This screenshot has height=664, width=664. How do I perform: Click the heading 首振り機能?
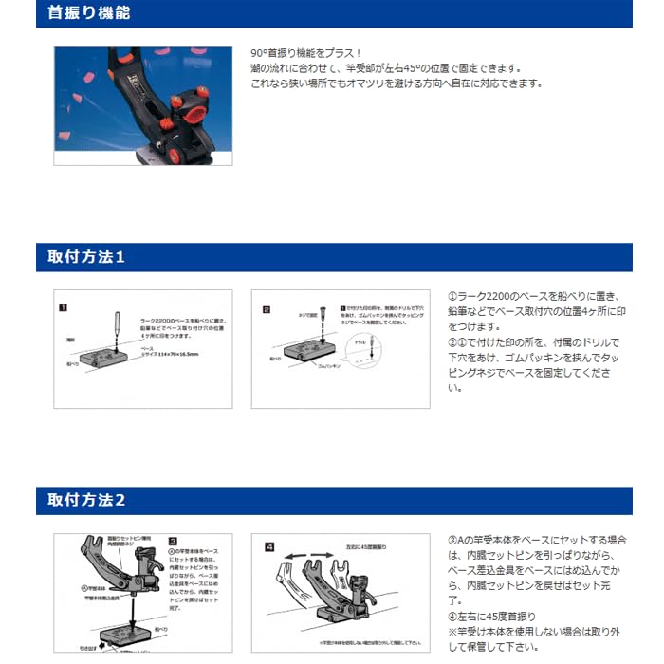click(88, 13)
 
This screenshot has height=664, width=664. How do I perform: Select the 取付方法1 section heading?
click(86, 257)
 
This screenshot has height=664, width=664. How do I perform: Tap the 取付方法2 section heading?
click(86, 500)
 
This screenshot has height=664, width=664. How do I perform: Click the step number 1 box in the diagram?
click(63, 307)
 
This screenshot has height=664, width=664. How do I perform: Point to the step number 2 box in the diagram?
click(267, 308)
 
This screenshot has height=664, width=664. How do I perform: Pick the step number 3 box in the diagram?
click(173, 542)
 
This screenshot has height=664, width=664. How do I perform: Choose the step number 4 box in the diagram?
click(269, 546)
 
